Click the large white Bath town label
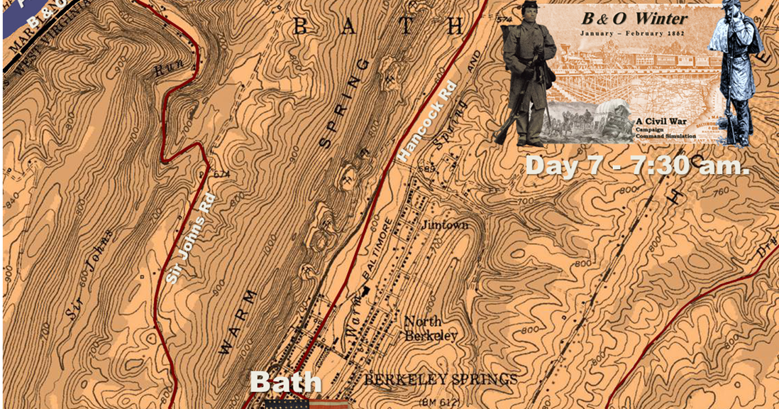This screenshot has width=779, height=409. click(x=285, y=381)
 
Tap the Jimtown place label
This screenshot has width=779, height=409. click(x=445, y=224)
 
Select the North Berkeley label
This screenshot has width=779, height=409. click(x=430, y=328)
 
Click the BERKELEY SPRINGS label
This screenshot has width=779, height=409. click(x=440, y=380)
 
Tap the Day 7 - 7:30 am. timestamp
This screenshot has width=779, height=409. click(x=636, y=165)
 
